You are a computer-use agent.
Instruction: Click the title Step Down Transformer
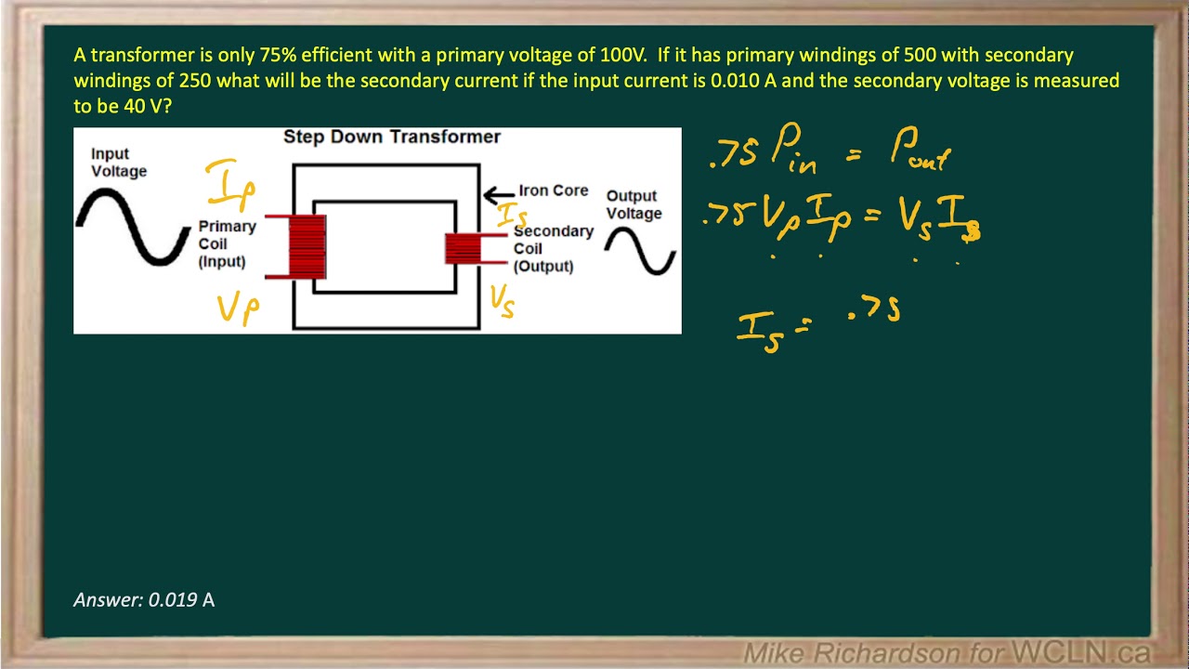point(391,137)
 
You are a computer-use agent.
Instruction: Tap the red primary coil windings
point(307,246)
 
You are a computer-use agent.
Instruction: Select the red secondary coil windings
point(462,248)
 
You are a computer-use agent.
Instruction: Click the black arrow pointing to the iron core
point(499,195)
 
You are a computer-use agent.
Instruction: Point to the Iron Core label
point(553,190)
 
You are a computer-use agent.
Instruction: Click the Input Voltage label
point(118,163)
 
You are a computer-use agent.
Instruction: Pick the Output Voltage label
point(634,204)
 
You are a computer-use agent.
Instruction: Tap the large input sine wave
point(134,227)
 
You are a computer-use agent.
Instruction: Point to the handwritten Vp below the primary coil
point(238,308)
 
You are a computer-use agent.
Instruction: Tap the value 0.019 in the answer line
point(172,600)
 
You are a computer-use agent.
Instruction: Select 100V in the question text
point(617,55)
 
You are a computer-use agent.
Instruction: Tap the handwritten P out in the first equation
point(920,151)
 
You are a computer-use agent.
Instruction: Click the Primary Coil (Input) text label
point(226,243)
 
